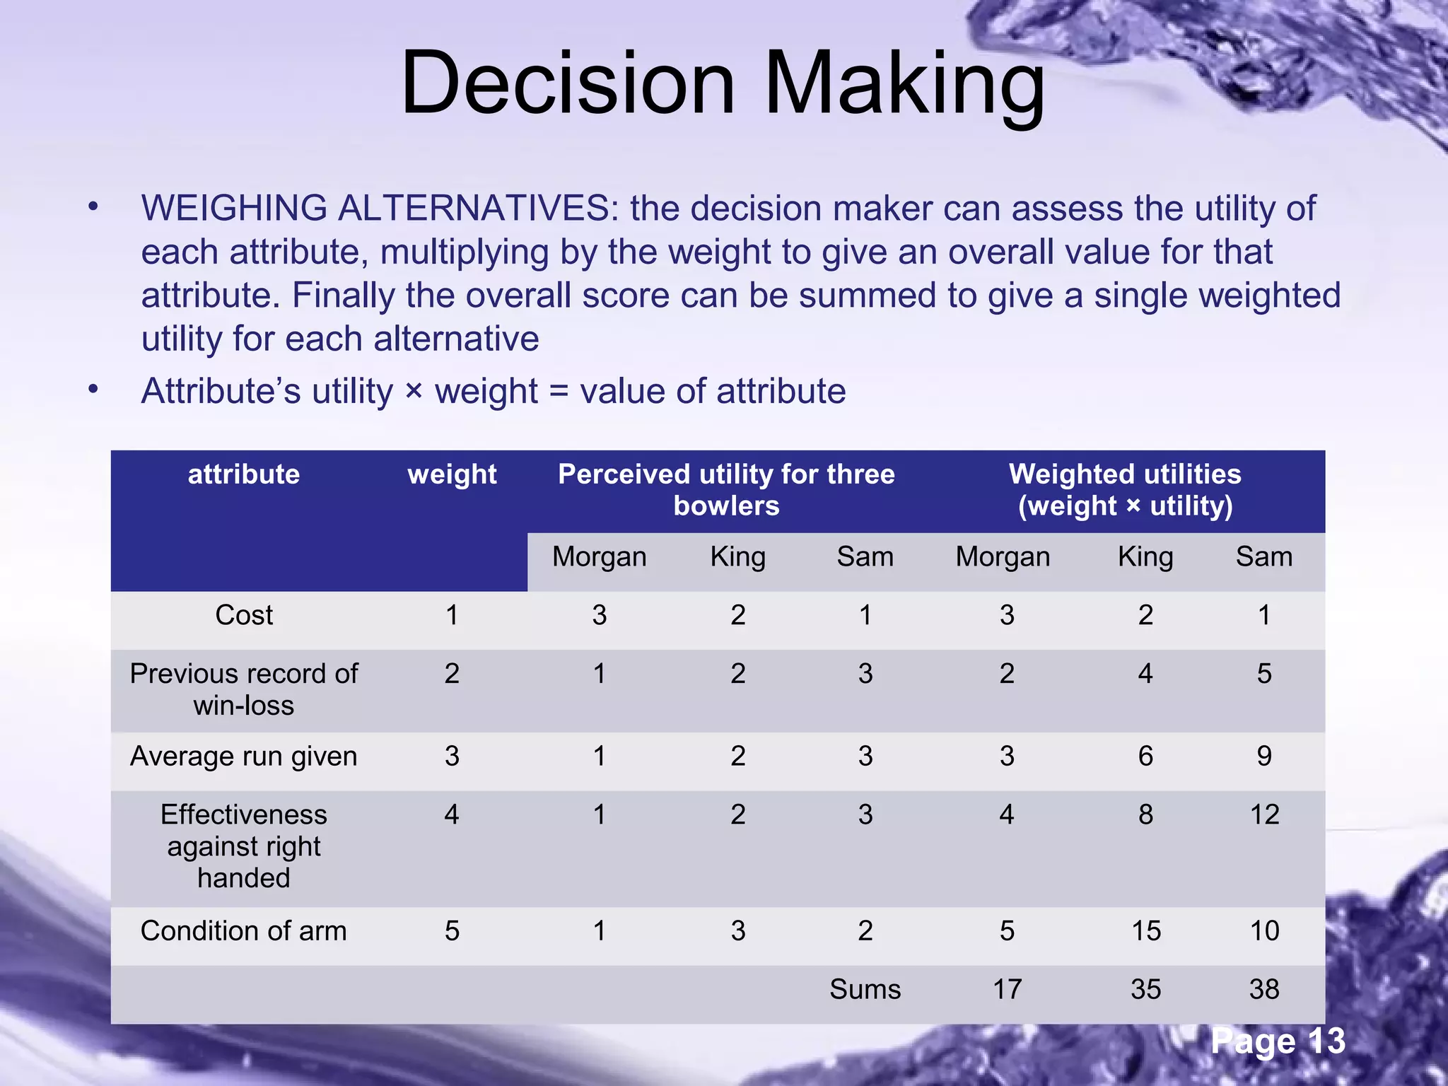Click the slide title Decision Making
pos(723,83)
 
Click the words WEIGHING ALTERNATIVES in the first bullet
pos(380,209)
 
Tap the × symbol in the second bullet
pos(414,391)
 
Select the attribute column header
pos(244,474)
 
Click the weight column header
pos(452,474)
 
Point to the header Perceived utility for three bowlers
pos(726,490)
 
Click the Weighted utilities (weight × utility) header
pos(1125,490)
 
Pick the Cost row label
pos(244,615)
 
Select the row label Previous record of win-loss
pos(244,689)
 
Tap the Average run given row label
pos(244,757)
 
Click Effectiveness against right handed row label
pos(244,846)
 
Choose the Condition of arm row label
pos(244,931)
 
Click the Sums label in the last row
pos(865,989)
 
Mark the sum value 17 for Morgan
pos(1007,989)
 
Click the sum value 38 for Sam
pos(1264,989)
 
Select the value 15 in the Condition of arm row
pos(1145,931)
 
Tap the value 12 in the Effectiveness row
pos(1264,815)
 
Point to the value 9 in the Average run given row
pos(1264,757)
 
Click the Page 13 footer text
pos(1278,1041)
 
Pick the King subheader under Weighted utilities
pos(1145,557)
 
